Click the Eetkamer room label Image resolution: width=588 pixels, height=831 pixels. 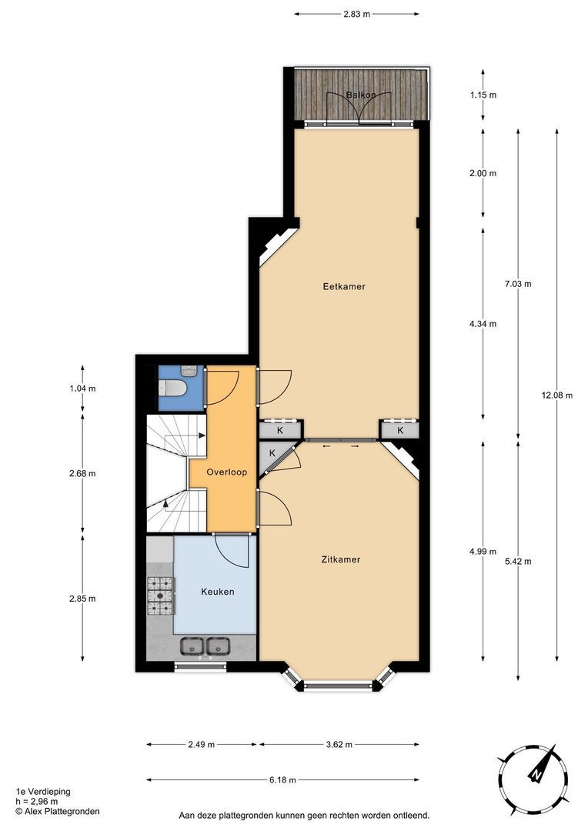(344, 287)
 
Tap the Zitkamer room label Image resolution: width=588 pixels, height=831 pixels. (341, 559)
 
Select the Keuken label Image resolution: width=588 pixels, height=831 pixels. (217, 592)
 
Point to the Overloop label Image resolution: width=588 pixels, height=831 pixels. (227, 472)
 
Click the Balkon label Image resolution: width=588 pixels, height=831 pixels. (361, 95)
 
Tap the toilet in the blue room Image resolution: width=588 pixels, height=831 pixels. (173, 389)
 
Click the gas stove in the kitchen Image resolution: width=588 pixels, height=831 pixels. (160, 596)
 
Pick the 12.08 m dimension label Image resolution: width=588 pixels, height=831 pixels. (556, 395)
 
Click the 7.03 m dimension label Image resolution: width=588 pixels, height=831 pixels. (518, 284)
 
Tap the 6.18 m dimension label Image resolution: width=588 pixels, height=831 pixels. (282, 779)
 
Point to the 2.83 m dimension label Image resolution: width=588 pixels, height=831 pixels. (357, 15)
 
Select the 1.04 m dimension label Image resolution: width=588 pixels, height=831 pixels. (82, 389)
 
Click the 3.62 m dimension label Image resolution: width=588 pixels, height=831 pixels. (339, 745)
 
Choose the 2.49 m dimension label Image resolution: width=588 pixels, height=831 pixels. (202, 745)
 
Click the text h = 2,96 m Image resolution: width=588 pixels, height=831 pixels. (37, 801)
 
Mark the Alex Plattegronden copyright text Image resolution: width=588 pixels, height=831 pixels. (58, 811)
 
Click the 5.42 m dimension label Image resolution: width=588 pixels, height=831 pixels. (518, 562)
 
